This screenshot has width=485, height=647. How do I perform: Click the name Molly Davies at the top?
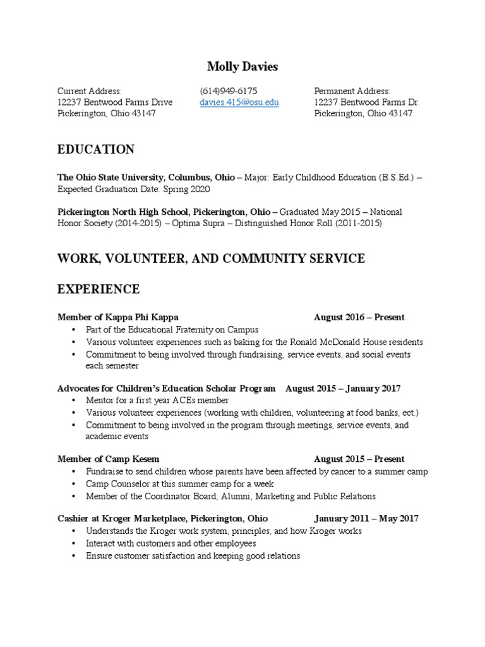(242, 66)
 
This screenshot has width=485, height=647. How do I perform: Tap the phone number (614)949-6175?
(228, 91)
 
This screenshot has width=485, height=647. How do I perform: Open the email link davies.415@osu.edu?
(239, 102)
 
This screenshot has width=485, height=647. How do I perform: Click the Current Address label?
(89, 91)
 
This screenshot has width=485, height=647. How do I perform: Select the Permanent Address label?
(352, 91)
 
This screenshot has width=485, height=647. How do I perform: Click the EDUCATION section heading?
(95, 150)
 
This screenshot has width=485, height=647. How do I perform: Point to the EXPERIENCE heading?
(99, 289)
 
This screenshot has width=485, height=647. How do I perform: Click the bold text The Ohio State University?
(111, 178)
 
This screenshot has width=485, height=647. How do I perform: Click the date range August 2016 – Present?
(359, 317)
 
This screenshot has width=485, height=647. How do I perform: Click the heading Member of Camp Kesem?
(108, 459)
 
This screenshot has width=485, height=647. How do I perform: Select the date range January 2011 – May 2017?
(366, 519)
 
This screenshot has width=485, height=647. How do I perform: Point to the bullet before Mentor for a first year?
(74, 401)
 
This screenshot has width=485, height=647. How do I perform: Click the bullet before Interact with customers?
(74, 543)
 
